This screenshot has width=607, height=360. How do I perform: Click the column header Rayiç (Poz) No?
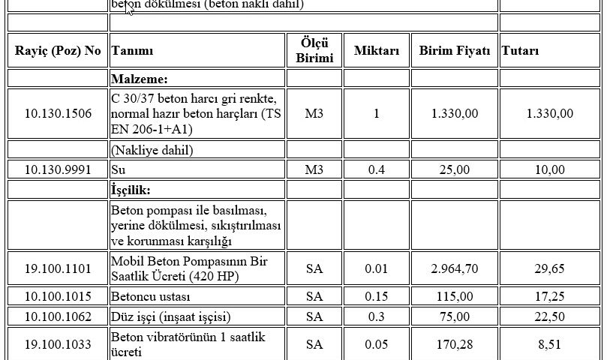click(x=57, y=51)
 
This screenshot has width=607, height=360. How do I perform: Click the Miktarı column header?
click(x=377, y=51)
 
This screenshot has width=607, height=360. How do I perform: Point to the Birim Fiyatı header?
click(x=455, y=51)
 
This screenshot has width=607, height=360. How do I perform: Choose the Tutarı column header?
click(x=521, y=51)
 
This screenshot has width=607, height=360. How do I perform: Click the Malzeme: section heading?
click(x=140, y=79)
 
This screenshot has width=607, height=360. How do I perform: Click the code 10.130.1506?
click(x=57, y=113)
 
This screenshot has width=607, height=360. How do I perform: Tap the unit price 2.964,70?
click(x=455, y=268)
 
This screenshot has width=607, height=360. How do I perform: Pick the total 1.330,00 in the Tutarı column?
click(x=550, y=113)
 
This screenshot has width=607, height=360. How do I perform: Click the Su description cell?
click(x=118, y=169)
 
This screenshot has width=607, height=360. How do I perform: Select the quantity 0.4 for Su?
click(x=377, y=169)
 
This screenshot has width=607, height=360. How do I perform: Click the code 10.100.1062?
click(x=57, y=316)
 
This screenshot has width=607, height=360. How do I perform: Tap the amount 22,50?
click(x=550, y=316)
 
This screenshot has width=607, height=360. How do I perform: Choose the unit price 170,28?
click(x=455, y=344)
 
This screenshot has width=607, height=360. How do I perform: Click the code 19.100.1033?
click(x=57, y=344)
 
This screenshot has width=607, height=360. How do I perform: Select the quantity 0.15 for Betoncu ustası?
click(x=377, y=296)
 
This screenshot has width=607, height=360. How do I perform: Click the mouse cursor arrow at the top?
click(x=129, y=8)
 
